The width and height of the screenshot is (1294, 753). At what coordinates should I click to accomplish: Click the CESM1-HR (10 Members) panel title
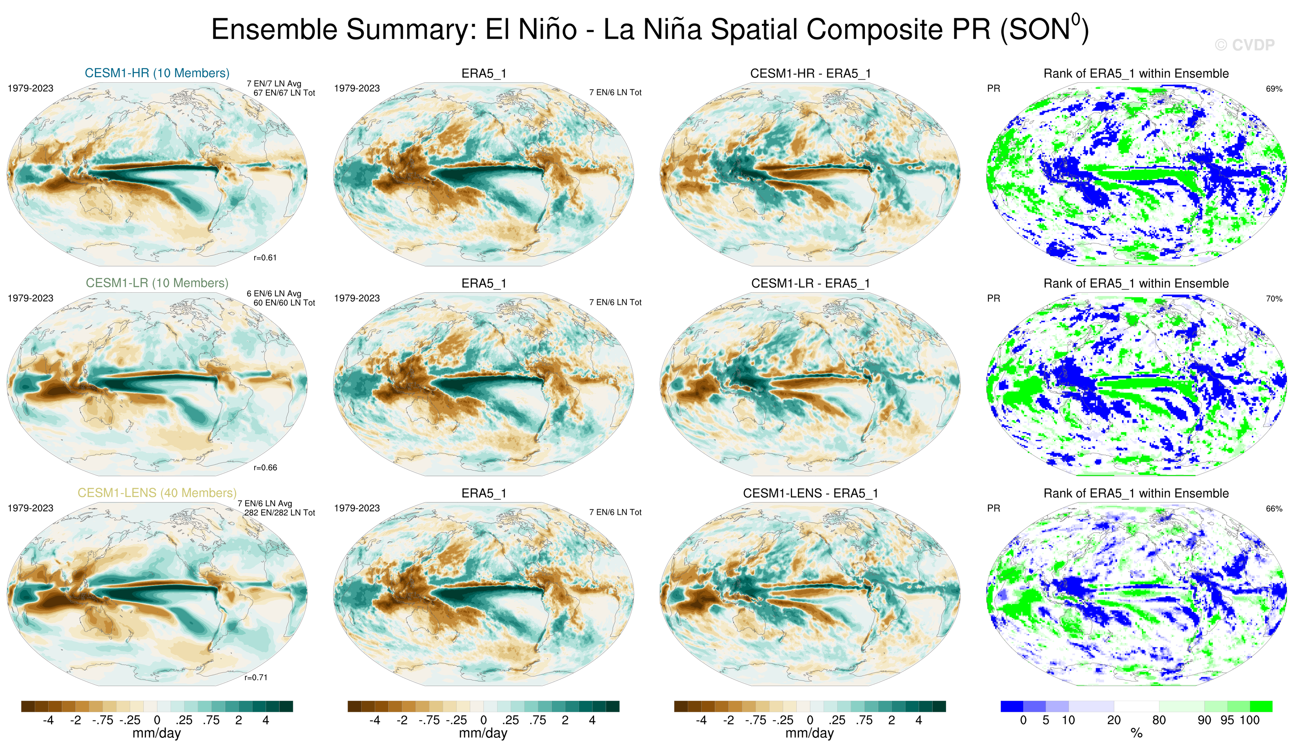tap(157, 73)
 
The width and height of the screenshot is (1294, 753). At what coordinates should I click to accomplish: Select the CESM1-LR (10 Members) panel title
tap(157, 283)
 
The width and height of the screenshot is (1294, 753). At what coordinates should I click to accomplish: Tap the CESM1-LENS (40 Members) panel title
tap(157, 493)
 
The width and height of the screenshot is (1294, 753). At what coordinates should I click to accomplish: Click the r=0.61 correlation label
tap(265, 258)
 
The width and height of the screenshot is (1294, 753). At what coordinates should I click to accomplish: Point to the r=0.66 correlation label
tap(265, 468)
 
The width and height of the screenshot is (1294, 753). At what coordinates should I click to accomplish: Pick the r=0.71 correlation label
tap(256, 678)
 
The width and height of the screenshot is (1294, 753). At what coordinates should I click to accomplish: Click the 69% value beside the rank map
tap(1274, 89)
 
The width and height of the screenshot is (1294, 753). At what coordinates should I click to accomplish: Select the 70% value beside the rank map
tap(1274, 299)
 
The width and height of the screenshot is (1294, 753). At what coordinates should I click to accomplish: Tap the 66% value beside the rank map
tap(1274, 509)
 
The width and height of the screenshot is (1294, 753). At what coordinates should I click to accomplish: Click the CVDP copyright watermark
tap(1245, 45)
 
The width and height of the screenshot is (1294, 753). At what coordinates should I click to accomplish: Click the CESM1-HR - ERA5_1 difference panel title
tap(810, 73)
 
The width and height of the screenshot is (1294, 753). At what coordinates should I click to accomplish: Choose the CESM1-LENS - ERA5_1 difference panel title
tap(810, 493)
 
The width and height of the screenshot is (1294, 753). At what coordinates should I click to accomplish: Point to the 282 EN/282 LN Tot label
tap(279, 513)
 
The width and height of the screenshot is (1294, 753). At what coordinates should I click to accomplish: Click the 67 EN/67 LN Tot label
tap(284, 93)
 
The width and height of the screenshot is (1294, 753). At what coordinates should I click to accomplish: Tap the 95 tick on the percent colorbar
tap(1227, 720)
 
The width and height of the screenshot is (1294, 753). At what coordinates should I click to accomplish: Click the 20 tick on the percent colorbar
tap(1114, 720)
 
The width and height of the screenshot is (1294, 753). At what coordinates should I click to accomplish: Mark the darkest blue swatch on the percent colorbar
tap(1012, 706)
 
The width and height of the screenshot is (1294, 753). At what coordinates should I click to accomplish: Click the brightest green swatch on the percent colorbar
tap(1261, 706)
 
